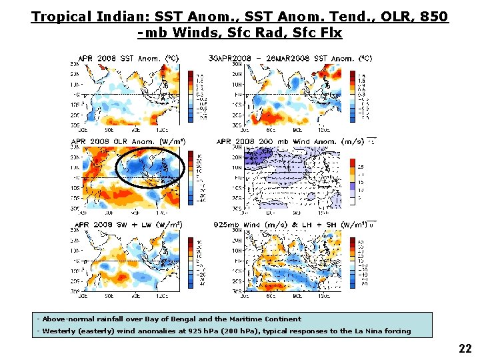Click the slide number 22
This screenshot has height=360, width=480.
(465, 348)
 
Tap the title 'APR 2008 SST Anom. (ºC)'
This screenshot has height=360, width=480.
(127, 58)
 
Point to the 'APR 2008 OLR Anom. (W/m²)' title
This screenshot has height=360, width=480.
(128, 141)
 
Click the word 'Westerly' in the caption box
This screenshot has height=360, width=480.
(57, 331)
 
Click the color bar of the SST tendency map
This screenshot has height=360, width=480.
(353, 95)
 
